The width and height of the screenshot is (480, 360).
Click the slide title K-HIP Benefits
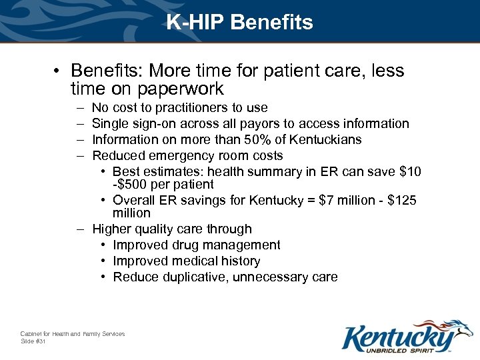[x=239, y=23]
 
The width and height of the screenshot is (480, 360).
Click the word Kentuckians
[x=325, y=140]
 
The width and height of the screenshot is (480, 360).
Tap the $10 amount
[x=409, y=172]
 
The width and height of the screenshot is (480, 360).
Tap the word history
[x=239, y=261]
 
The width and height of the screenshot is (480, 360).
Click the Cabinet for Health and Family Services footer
[x=72, y=333]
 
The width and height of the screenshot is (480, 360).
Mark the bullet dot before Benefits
[x=59, y=71]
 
